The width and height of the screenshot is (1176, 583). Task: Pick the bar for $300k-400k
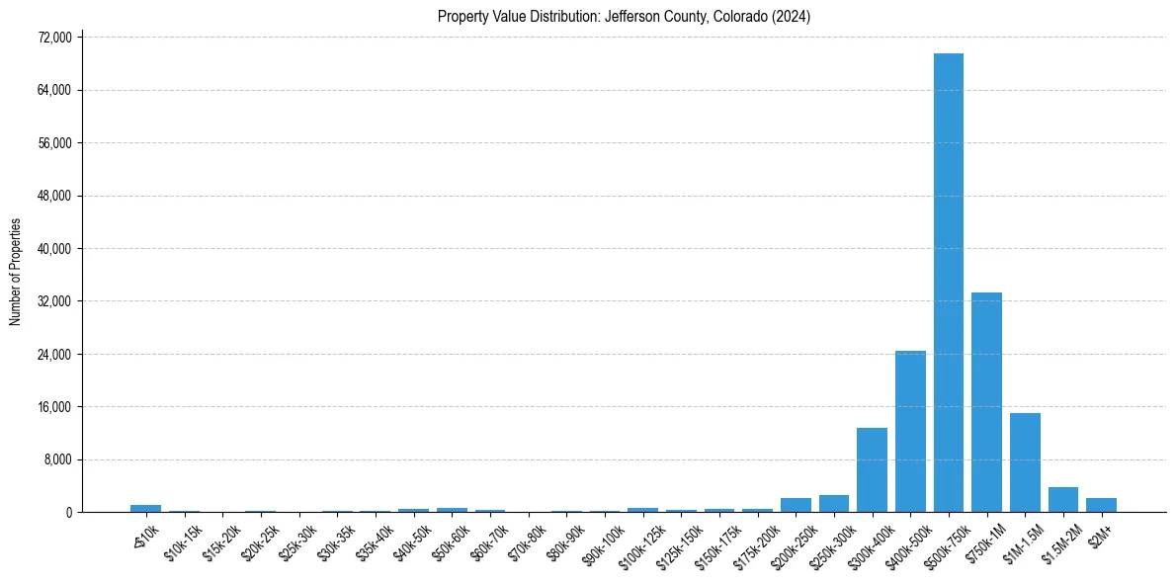[x=872, y=470]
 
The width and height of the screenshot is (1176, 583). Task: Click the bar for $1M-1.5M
[x=1025, y=462]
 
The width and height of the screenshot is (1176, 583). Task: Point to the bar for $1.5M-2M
[x=1063, y=500]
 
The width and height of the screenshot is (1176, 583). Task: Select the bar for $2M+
[x=1101, y=505]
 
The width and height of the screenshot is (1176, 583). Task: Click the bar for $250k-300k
[x=833, y=504]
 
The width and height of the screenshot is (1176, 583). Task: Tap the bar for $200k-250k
[x=796, y=505]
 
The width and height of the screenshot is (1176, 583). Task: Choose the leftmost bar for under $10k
[x=145, y=508]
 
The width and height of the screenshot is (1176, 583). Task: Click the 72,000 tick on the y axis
[x=54, y=38]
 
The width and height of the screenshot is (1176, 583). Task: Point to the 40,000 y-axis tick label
[x=54, y=248]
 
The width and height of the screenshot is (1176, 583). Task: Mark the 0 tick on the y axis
[x=68, y=512]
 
